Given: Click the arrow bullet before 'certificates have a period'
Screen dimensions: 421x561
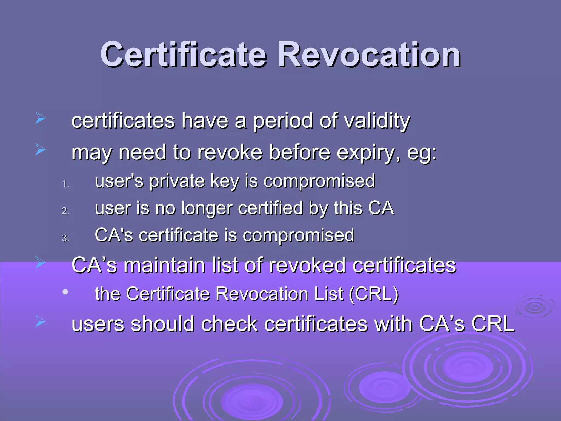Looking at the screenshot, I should pos(40,118).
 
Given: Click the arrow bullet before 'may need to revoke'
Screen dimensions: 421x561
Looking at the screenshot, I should pos(40,150).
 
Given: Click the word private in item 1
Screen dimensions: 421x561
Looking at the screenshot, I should pos(177,181).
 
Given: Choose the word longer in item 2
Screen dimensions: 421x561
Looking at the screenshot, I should pos(207,208).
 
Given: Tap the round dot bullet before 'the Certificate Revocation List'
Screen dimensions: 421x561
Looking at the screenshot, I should pos(65,292).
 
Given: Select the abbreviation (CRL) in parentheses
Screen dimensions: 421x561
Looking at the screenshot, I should pos(374,294).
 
